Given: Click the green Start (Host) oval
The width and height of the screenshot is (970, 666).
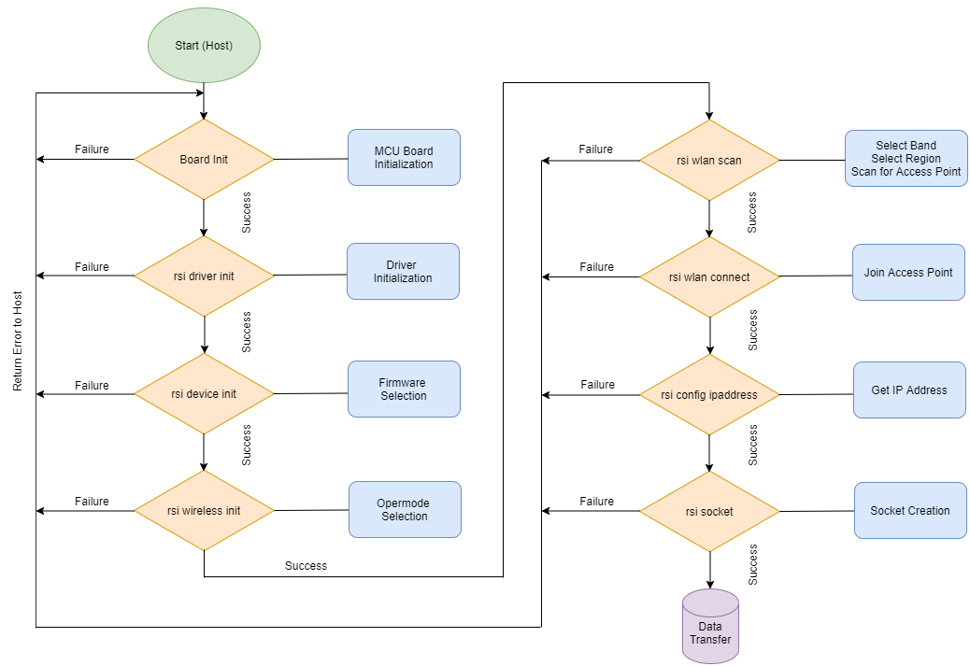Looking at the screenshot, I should [204, 46].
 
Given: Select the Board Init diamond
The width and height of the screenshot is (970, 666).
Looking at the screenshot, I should [204, 159].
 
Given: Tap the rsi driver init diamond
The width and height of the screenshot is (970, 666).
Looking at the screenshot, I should [204, 276].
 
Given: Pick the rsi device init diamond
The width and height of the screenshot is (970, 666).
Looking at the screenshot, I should [204, 394].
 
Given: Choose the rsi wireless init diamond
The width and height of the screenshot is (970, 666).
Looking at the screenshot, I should [204, 511].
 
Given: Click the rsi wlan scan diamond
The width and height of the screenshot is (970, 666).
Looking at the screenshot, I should [709, 160].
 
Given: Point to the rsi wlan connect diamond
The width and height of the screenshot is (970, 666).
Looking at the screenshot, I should [709, 277].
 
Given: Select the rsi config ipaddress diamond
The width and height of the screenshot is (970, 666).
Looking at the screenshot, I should [709, 394].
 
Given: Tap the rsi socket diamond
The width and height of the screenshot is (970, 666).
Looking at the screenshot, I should [709, 511].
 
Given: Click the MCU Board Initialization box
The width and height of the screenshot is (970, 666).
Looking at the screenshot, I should [404, 157].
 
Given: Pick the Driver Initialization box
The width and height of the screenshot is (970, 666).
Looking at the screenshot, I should [403, 272].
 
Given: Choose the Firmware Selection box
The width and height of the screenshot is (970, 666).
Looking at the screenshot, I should [404, 389].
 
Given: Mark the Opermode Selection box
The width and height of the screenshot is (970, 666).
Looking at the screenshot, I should [405, 509].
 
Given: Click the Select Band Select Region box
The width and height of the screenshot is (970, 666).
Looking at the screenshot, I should [906, 158].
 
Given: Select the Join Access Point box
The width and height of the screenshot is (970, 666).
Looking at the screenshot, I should [908, 272].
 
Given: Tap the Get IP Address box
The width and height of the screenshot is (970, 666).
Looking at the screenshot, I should [909, 390].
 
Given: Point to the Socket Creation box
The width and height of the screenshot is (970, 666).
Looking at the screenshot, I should [910, 510].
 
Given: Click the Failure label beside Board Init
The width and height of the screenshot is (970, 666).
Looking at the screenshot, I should [92, 149].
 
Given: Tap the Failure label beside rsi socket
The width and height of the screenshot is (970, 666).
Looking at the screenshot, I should [596, 502].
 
